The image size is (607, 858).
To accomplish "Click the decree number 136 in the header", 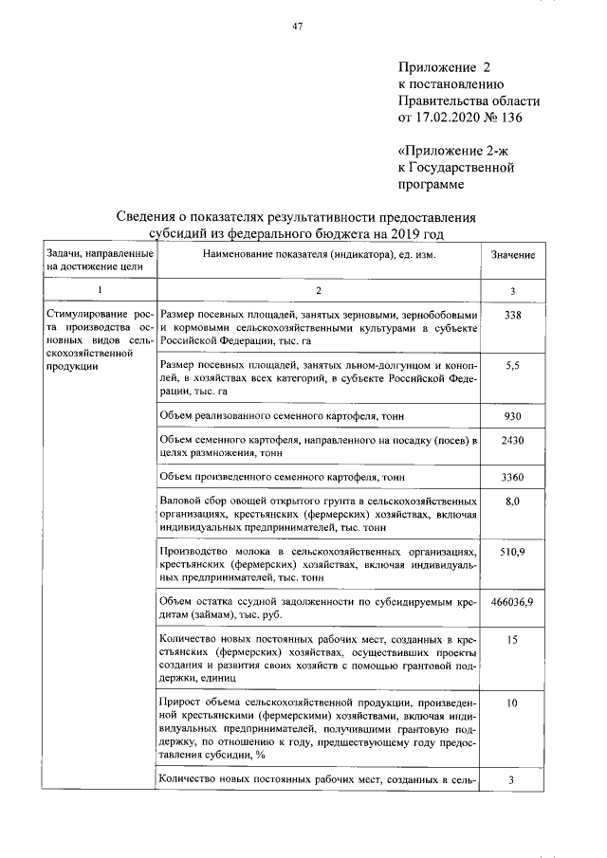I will click(509, 118).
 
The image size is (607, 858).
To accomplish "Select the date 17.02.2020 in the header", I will click(451, 118).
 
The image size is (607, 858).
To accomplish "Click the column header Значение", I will click(513, 256).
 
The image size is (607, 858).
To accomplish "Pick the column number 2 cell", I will click(320, 289).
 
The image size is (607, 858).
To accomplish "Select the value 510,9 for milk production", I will click(513, 552).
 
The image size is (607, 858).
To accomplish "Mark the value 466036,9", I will click(513, 602).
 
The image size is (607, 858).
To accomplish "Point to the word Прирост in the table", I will click(183, 703).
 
